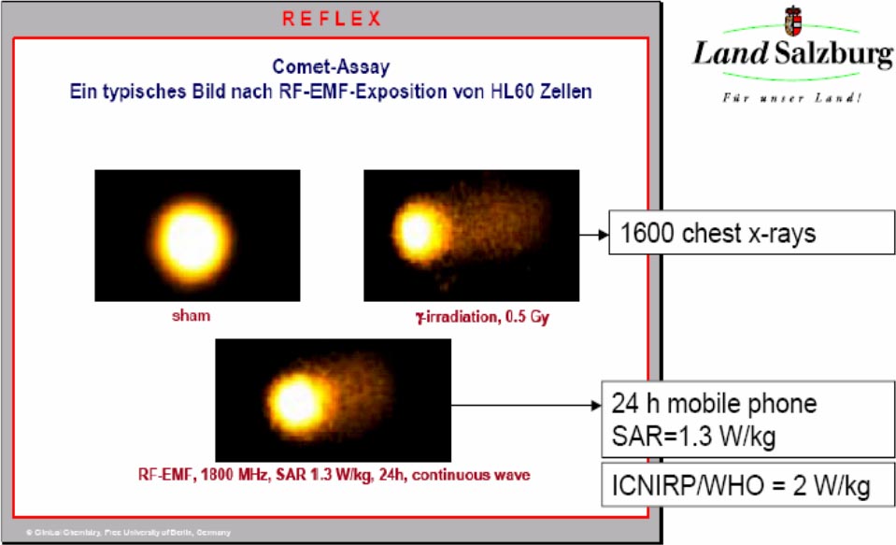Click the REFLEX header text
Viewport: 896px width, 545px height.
tap(332, 19)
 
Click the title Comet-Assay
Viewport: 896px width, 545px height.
tap(331, 66)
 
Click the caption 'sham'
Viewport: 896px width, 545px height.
tap(191, 316)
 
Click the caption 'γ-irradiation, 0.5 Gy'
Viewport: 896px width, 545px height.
tap(482, 317)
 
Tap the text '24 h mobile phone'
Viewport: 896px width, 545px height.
tap(714, 404)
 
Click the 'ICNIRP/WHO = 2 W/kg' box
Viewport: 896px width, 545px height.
tap(740, 486)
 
